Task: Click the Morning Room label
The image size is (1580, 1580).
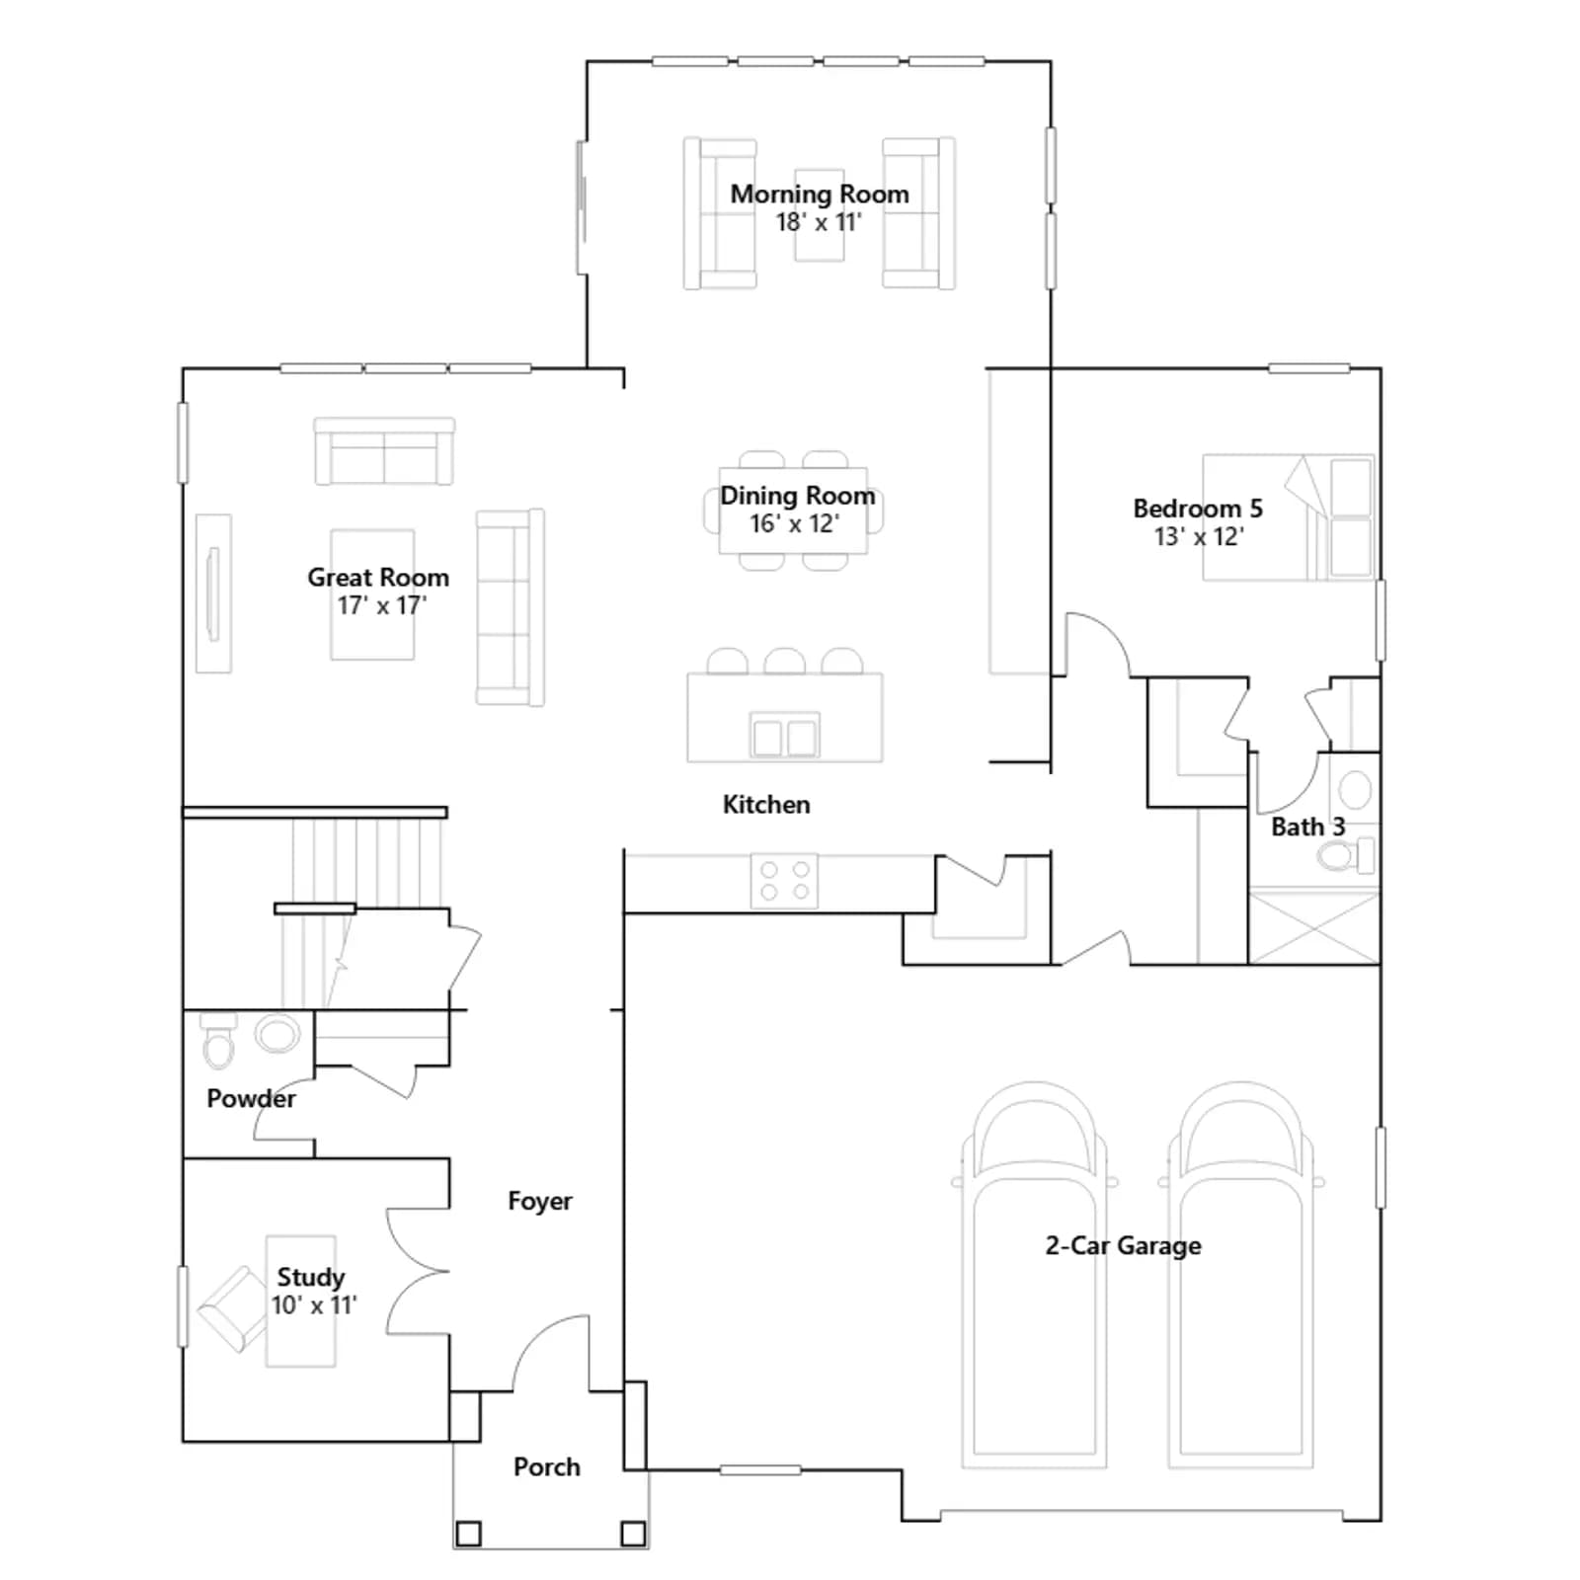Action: tap(820, 195)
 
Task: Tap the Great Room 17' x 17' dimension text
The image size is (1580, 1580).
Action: tap(381, 605)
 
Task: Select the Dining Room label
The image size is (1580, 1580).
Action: tap(797, 496)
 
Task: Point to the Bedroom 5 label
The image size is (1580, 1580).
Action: tap(1198, 509)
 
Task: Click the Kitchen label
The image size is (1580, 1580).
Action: tap(766, 805)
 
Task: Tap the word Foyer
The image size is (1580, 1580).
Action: tap(540, 1202)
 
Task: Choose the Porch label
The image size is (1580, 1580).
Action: tap(547, 1467)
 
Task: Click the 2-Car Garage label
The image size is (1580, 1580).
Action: tap(1124, 1246)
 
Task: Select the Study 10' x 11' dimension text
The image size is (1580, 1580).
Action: tap(314, 1305)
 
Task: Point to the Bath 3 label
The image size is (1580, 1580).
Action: tap(1308, 828)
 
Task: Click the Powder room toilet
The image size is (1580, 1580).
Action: tap(218, 1041)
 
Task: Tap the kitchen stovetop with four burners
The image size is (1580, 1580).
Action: tap(784, 881)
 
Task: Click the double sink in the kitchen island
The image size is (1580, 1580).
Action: tap(785, 736)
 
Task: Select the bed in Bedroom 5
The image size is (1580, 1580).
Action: tap(1289, 516)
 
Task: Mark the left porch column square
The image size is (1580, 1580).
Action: tap(468, 1534)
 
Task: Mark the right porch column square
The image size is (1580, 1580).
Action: tap(633, 1534)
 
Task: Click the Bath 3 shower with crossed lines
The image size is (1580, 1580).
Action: tap(1314, 926)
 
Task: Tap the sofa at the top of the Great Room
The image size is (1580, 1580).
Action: tap(384, 451)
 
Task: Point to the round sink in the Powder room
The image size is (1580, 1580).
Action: tap(277, 1034)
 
